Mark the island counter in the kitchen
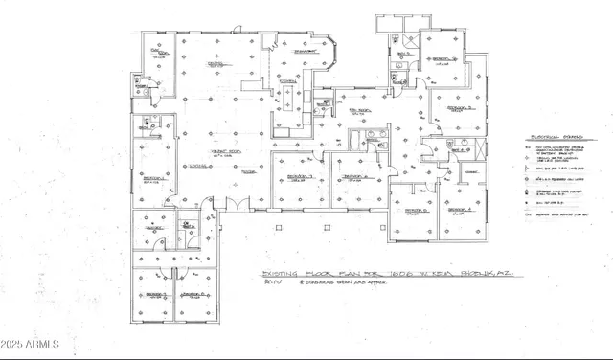[x=284, y=113]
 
